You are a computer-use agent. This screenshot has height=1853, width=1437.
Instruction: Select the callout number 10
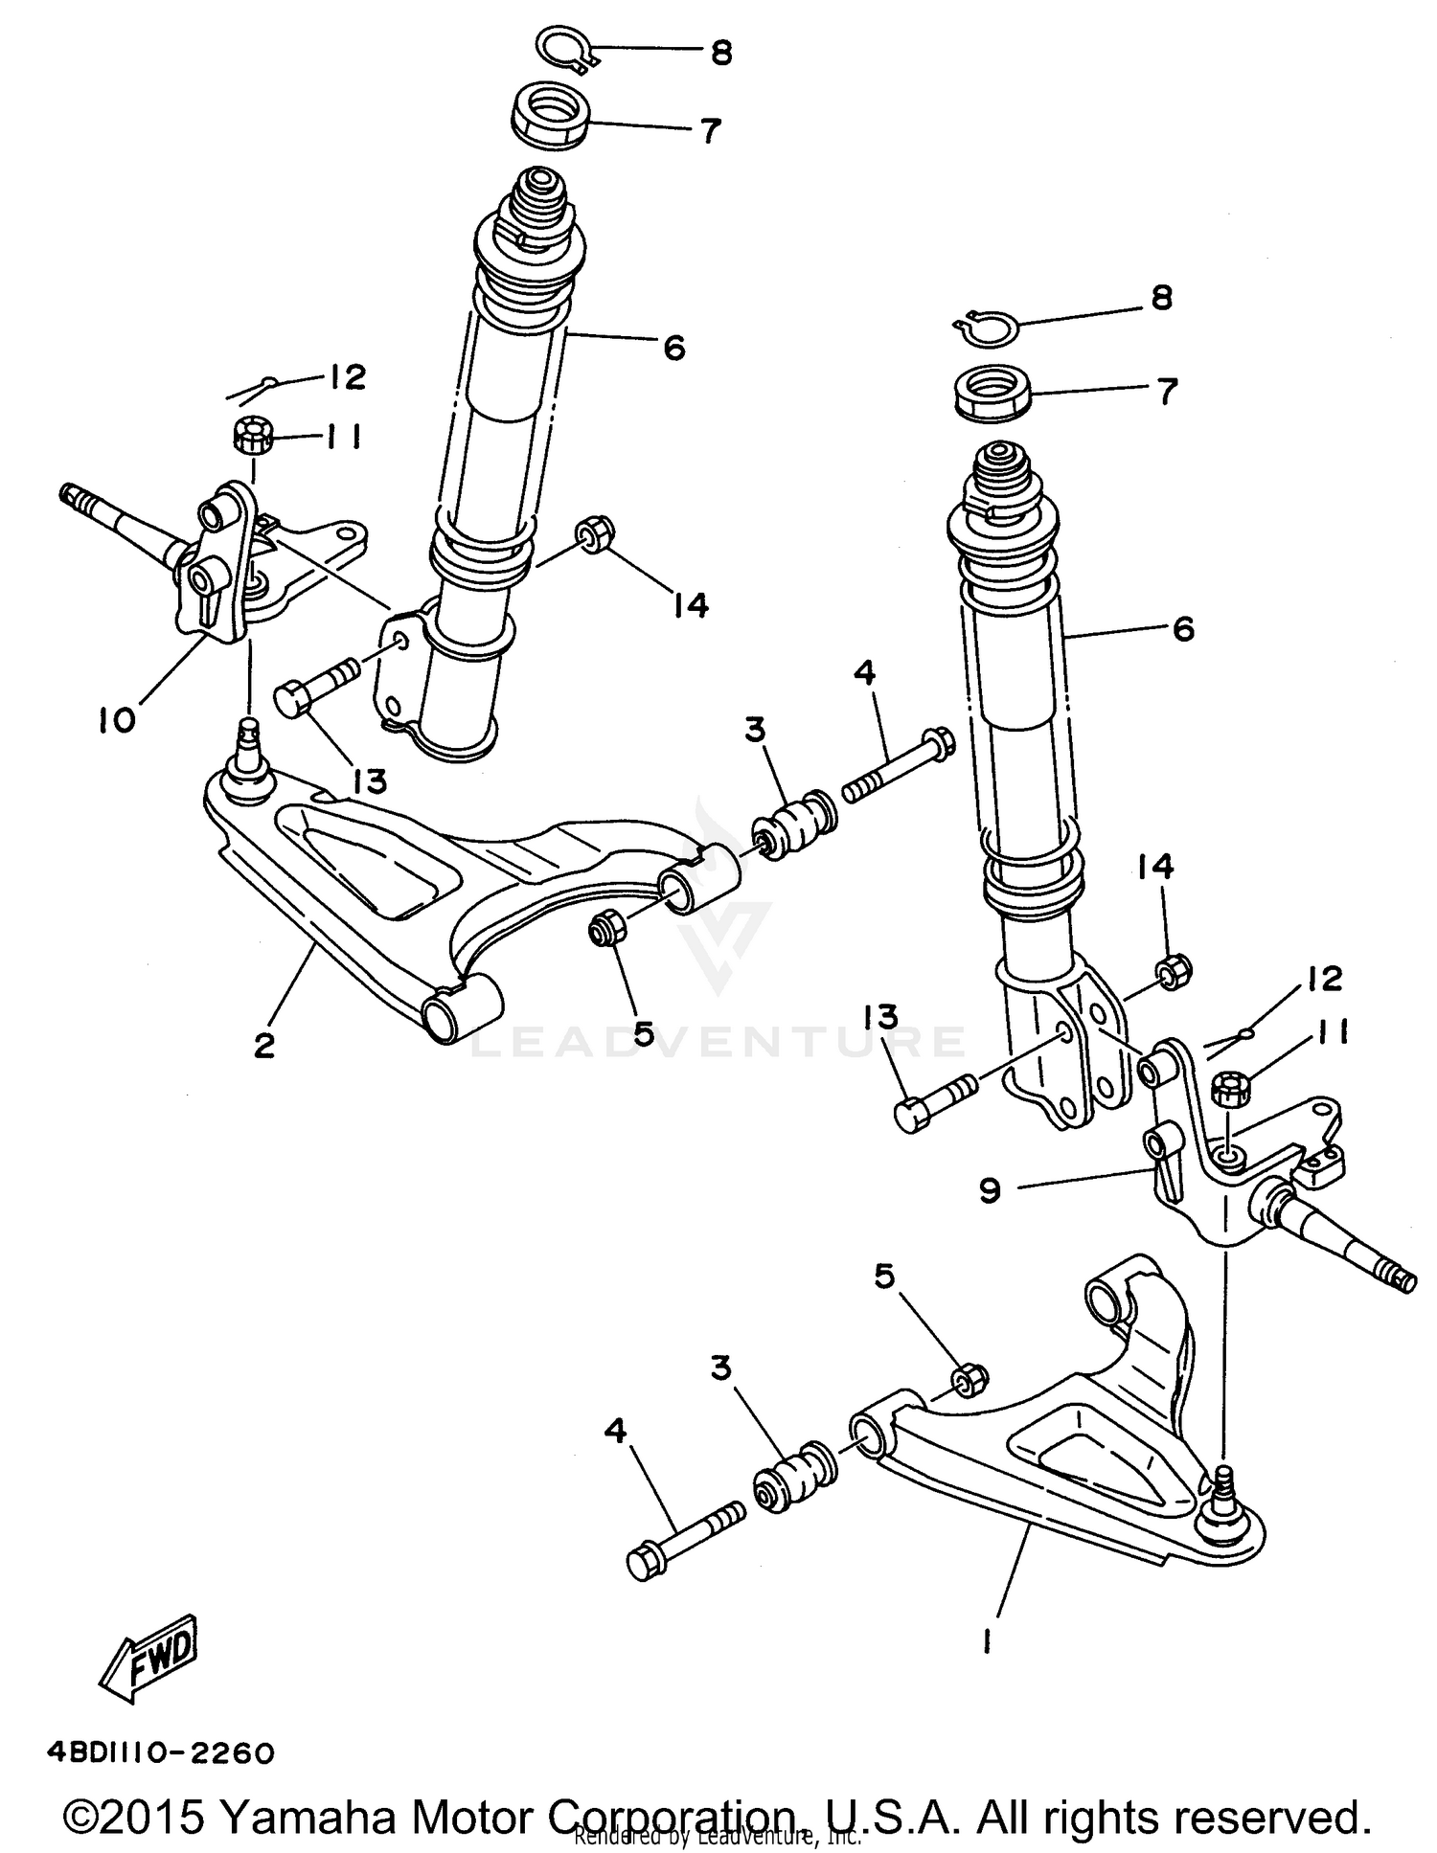(x=117, y=720)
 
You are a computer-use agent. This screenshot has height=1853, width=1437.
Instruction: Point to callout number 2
(x=264, y=1044)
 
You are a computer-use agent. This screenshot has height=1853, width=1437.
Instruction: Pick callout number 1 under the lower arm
(x=986, y=1641)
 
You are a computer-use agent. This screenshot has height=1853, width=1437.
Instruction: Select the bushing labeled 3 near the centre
(x=796, y=826)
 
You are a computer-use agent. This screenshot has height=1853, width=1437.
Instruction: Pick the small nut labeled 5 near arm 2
(x=606, y=928)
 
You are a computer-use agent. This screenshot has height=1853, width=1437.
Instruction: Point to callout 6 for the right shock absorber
(x=1183, y=629)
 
